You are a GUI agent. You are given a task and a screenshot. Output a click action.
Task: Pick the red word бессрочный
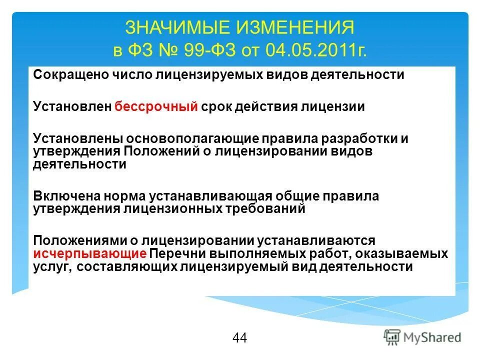[x=156, y=107]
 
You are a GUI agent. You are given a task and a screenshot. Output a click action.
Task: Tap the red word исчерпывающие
[x=90, y=253]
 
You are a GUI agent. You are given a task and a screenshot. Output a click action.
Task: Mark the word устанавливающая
[x=209, y=196]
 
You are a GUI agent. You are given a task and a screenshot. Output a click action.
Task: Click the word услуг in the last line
[x=53, y=267]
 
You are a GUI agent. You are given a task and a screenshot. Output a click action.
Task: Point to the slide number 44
[x=239, y=338]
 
